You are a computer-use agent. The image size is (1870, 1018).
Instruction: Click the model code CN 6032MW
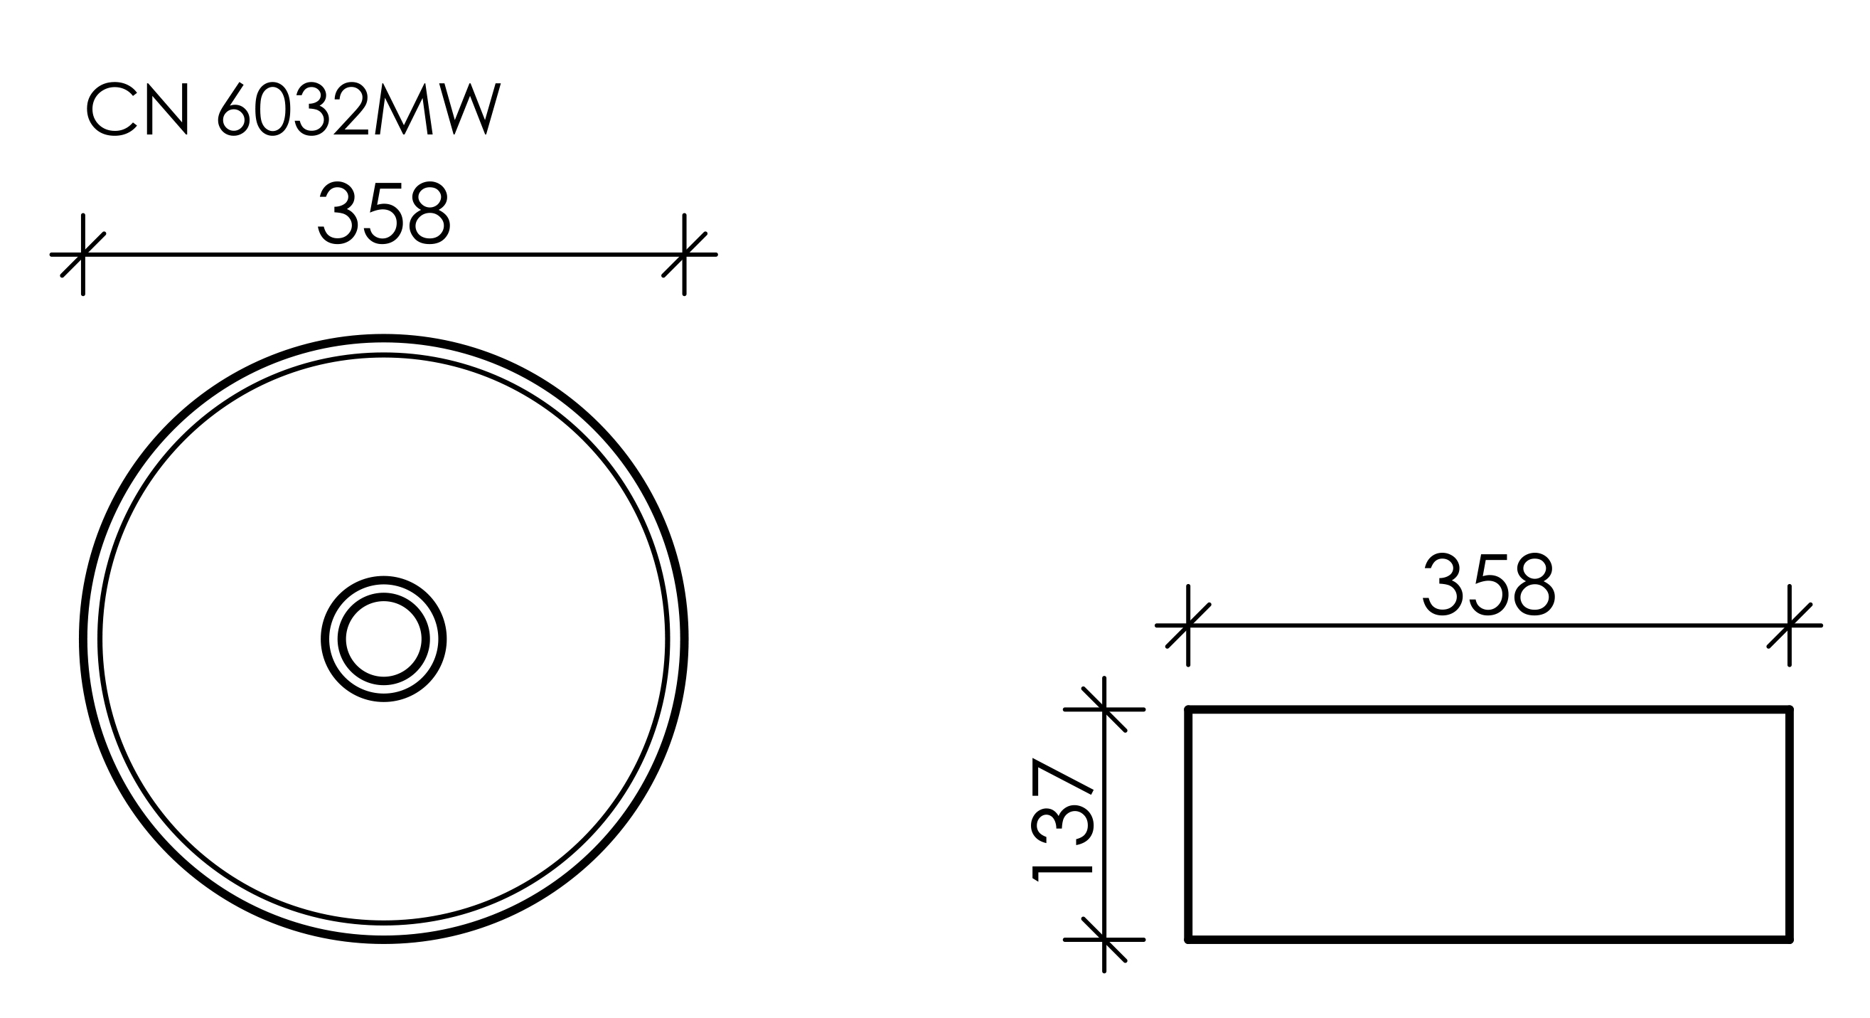point(293,109)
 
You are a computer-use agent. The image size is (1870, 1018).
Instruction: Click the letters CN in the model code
point(138,109)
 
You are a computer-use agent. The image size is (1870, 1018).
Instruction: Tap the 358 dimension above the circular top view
point(384,213)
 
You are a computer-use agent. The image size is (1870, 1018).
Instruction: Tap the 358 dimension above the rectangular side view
point(1488,584)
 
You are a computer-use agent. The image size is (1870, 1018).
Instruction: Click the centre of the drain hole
point(383,639)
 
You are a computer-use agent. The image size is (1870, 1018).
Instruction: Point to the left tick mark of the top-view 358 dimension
point(83,255)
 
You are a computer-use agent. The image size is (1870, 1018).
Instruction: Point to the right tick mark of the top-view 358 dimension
point(684,255)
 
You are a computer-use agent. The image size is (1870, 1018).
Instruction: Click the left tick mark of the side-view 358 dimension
point(1187,625)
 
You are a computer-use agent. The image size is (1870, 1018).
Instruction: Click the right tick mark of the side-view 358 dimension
point(1790,625)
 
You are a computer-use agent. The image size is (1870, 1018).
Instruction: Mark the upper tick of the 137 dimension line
point(1104,709)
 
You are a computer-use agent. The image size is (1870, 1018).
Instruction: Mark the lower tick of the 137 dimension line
point(1104,940)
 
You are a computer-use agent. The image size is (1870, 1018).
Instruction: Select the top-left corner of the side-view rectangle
point(1188,709)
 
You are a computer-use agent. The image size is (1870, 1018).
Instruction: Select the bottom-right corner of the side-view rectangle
point(1790,940)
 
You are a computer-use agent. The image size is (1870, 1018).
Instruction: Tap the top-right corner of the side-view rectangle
point(1790,709)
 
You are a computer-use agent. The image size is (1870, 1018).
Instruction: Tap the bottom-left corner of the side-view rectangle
point(1188,940)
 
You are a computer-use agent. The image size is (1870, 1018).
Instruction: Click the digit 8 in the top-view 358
point(429,213)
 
